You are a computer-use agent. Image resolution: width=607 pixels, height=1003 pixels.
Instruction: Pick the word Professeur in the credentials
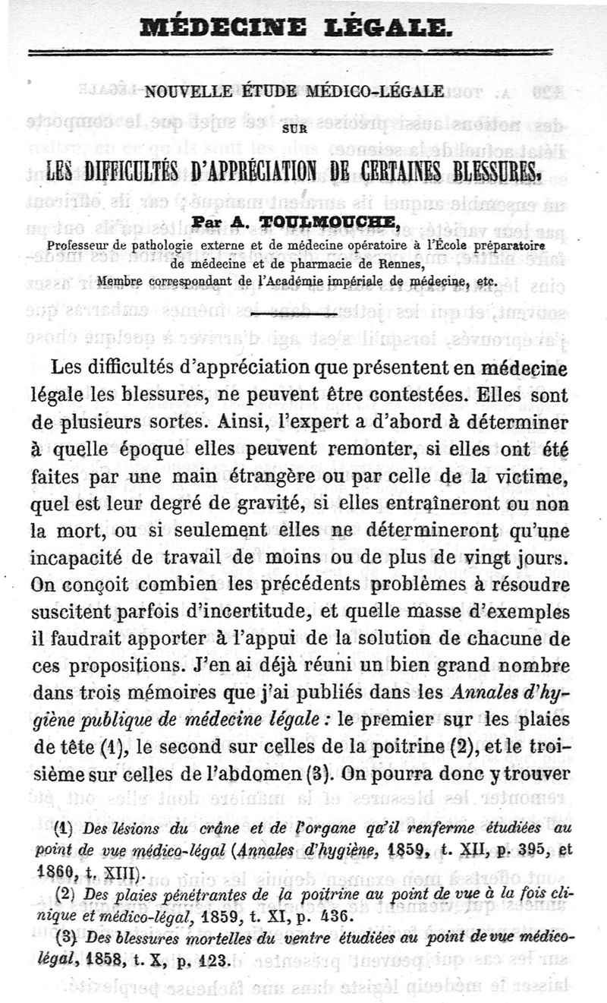pos(84,244)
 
